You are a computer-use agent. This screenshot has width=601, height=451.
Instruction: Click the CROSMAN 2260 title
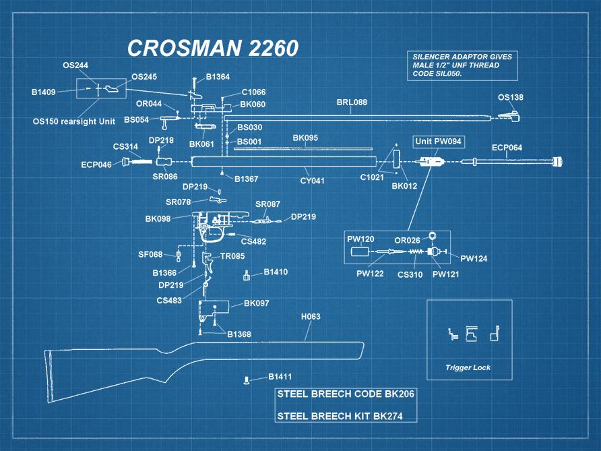tap(213, 48)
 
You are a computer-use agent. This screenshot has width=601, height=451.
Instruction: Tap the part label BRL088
tap(352, 102)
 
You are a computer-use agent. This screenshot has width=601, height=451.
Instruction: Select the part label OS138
tap(510, 97)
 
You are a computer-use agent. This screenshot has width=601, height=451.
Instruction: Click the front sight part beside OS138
tap(514, 117)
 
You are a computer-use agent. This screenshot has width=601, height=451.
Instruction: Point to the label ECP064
tap(507, 147)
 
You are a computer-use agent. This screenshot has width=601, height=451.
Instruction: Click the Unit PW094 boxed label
tap(439, 142)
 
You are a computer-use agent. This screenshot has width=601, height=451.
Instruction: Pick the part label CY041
tap(312, 181)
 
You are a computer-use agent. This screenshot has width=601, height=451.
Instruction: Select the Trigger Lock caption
tap(468, 367)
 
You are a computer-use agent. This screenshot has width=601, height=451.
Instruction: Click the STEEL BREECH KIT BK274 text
tap(340, 416)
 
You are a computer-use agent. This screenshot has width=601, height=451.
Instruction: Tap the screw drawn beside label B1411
tap(247, 380)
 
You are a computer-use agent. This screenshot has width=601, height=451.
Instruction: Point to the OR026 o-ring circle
tap(433, 235)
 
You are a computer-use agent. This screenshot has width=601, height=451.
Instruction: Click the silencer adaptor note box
tap(462, 65)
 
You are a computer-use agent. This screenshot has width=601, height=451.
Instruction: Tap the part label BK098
tap(158, 219)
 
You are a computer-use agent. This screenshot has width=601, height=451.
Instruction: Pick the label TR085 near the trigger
tap(232, 256)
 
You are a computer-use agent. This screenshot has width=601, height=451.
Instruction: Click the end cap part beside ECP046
tap(125, 162)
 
